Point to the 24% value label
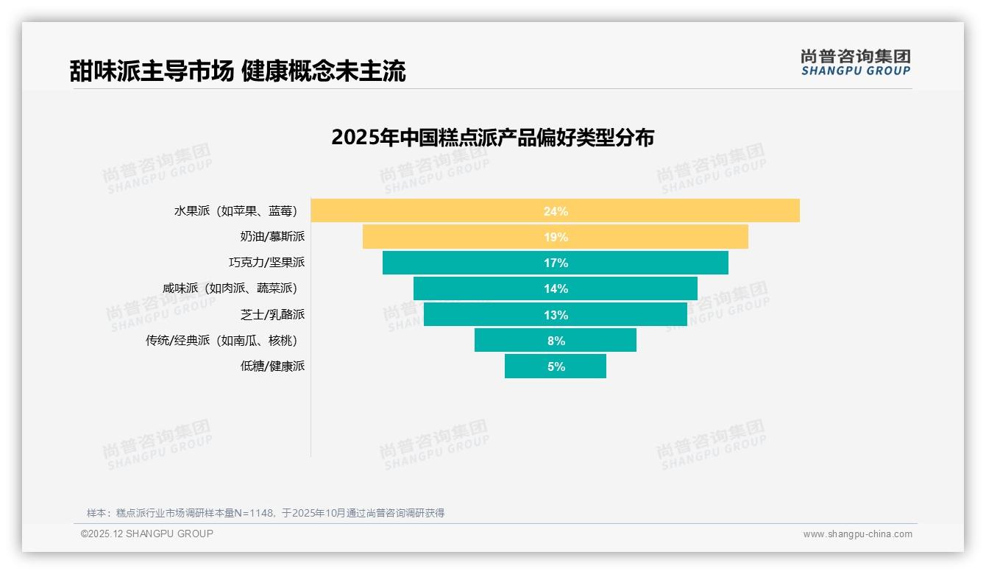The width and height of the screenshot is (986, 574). point(556,211)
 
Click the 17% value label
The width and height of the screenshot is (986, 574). point(556,263)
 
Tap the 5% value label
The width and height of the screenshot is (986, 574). point(556,366)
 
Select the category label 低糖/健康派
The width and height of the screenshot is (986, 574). point(272,366)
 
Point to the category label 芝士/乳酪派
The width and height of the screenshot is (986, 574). point(272,314)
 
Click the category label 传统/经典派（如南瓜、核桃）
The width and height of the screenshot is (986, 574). point(225,340)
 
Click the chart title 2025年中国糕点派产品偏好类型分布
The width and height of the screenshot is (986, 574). point(492,138)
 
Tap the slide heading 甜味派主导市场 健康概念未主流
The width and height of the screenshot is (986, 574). point(238,71)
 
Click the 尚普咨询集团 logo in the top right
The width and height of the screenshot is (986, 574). point(855,62)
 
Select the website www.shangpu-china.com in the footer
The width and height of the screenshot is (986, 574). point(857,534)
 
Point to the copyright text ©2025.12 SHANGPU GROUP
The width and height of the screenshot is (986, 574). point(147,534)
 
